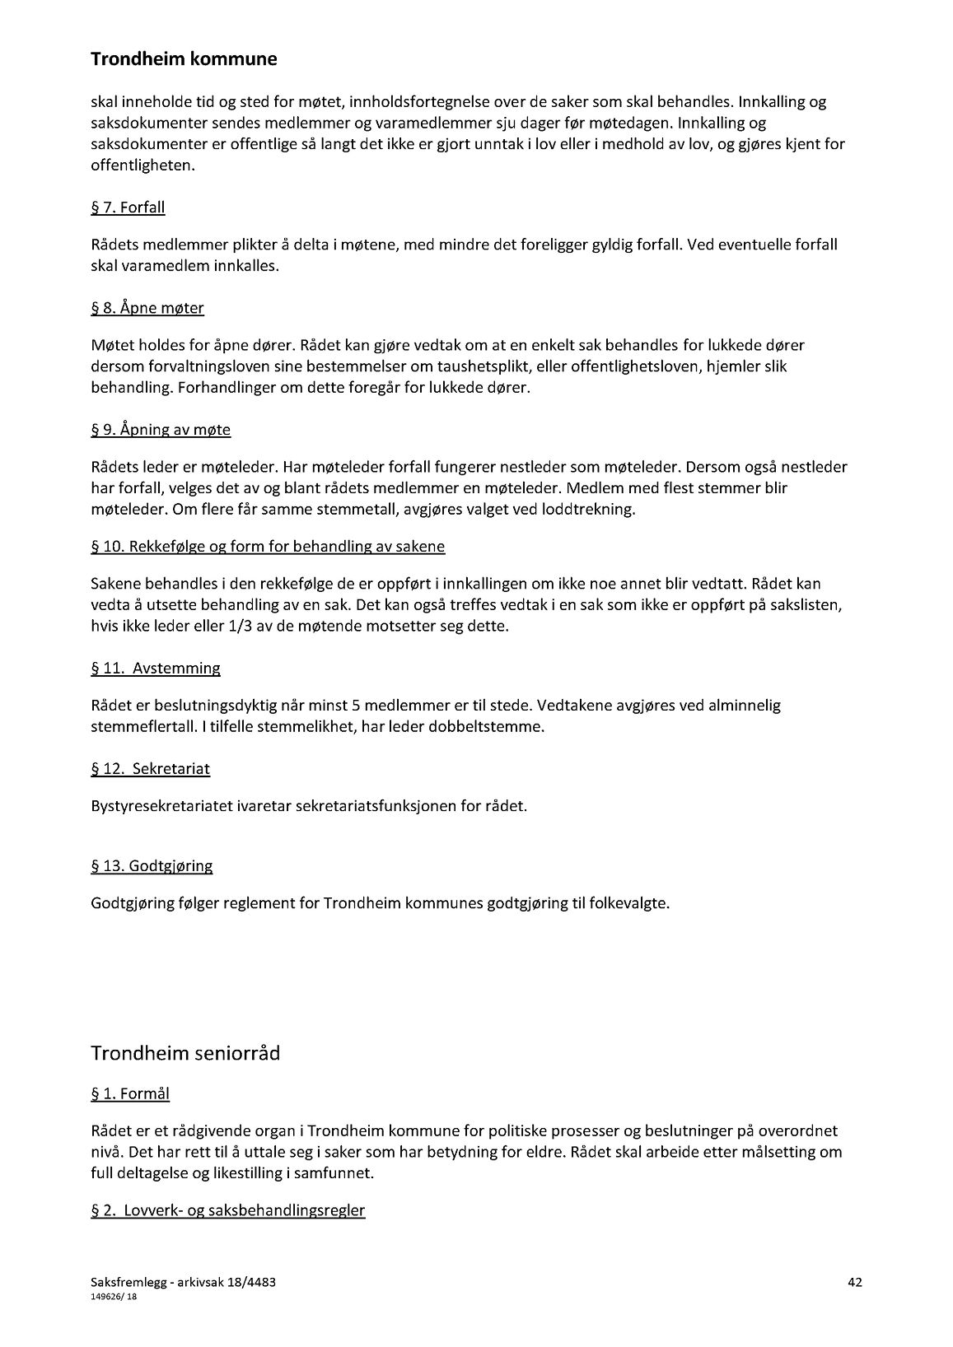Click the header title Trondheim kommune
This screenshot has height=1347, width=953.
pyautogui.click(x=184, y=59)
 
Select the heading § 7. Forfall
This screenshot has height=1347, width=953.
pyautogui.click(x=128, y=207)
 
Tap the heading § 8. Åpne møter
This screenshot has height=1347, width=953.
pyautogui.click(x=147, y=308)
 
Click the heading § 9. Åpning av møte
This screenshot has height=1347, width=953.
pyautogui.click(x=161, y=430)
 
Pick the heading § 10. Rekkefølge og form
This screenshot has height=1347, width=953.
pyautogui.click(x=268, y=547)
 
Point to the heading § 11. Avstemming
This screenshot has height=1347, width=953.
pyautogui.click(x=156, y=669)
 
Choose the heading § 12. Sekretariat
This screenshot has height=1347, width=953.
pyautogui.click(x=151, y=769)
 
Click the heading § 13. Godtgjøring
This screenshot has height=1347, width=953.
pyautogui.click(x=152, y=866)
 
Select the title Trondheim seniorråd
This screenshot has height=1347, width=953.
pyautogui.click(x=185, y=1054)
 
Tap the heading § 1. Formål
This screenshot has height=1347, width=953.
pyautogui.click(x=130, y=1094)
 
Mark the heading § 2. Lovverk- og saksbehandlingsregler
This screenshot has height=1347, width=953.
pyautogui.click(x=227, y=1210)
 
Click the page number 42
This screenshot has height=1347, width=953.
pyautogui.click(x=855, y=1282)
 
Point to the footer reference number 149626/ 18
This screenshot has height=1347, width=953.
pyautogui.click(x=114, y=1296)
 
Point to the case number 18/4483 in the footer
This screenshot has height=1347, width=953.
pyautogui.click(x=259, y=1282)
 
